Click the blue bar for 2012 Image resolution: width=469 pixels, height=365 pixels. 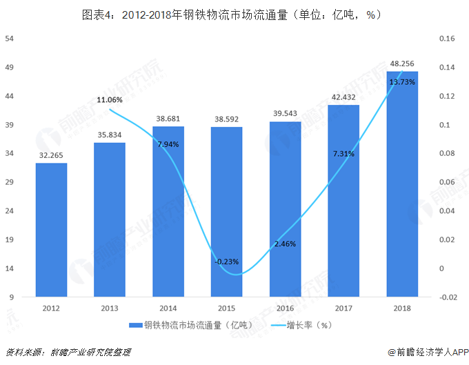click(x=51, y=230)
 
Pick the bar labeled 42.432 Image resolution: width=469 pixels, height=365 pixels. click(x=343, y=201)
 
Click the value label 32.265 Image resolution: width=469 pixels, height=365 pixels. click(x=51, y=156)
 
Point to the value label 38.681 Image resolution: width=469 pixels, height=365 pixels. click(x=168, y=119)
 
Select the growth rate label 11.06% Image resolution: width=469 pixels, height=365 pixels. click(x=110, y=100)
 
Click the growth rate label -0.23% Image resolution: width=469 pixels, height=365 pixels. click(x=226, y=262)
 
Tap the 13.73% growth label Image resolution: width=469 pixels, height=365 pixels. click(x=402, y=82)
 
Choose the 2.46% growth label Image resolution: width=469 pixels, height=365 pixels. click(x=285, y=244)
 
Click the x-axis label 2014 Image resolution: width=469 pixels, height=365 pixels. click(x=168, y=308)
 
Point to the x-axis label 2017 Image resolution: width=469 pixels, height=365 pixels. click(x=343, y=308)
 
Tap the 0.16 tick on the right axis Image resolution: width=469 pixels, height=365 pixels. click(x=446, y=39)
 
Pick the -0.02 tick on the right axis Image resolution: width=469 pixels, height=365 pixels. click(x=446, y=297)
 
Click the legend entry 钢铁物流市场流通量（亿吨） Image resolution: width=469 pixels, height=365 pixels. click(x=194, y=325)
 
